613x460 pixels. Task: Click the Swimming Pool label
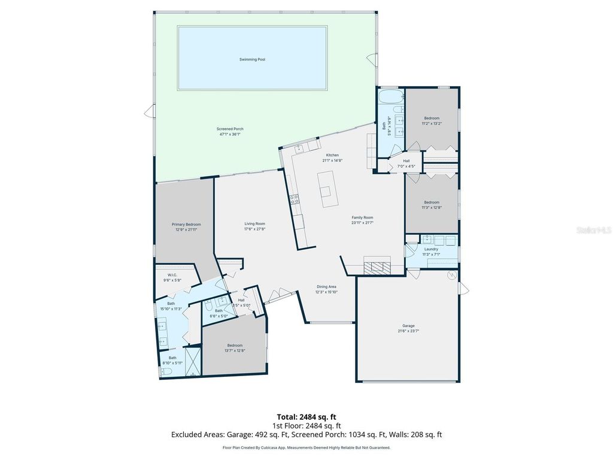(x=252, y=59)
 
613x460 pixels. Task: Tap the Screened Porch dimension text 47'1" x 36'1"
(x=230, y=134)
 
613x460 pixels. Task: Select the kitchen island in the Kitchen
(x=327, y=189)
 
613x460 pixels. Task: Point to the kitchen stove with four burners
(x=294, y=199)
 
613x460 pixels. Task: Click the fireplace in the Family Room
(x=377, y=267)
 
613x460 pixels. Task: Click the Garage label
(x=408, y=326)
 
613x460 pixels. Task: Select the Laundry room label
(x=431, y=249)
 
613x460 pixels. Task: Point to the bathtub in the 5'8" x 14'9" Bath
(x=390, y=98)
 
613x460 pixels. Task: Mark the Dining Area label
(x=327, y=287)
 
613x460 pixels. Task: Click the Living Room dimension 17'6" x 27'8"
(x=254, y=229)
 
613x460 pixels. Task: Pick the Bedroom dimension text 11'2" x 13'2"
(x=432, y=123)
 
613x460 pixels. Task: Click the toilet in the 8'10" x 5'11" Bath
(x=167, y=371)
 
